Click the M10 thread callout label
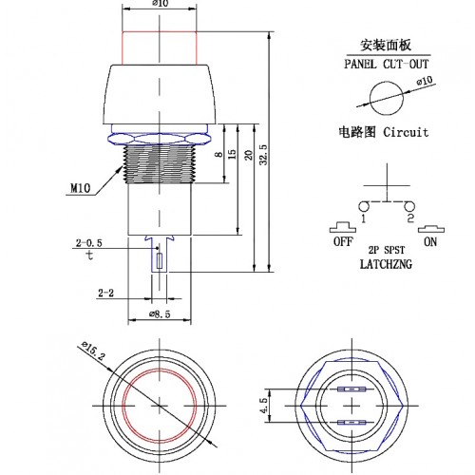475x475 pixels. coord(80,189)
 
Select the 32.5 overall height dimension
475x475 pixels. coord(263,155)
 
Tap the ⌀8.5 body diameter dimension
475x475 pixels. coord(160,314)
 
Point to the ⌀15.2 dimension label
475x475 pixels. coord(93,350)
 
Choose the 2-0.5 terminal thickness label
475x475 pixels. coord(89,243)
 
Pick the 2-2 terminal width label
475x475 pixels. coord(105,293)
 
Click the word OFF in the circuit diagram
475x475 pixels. coord(343,241)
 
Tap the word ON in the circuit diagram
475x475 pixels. coord(430,242)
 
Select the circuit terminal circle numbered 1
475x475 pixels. coord(364,206)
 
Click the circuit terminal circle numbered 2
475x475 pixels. coord(409,206)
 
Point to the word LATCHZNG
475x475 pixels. coord(386,264)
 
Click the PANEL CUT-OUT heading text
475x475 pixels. coord(387,64)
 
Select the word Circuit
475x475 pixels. coord(406,132)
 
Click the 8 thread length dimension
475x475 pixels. coord(218,155)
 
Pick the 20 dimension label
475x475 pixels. coord(249,155)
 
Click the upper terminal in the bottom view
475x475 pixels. coord(351,389)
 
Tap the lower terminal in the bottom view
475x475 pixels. coord(351,423)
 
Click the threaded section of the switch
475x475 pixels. coord(160,163)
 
